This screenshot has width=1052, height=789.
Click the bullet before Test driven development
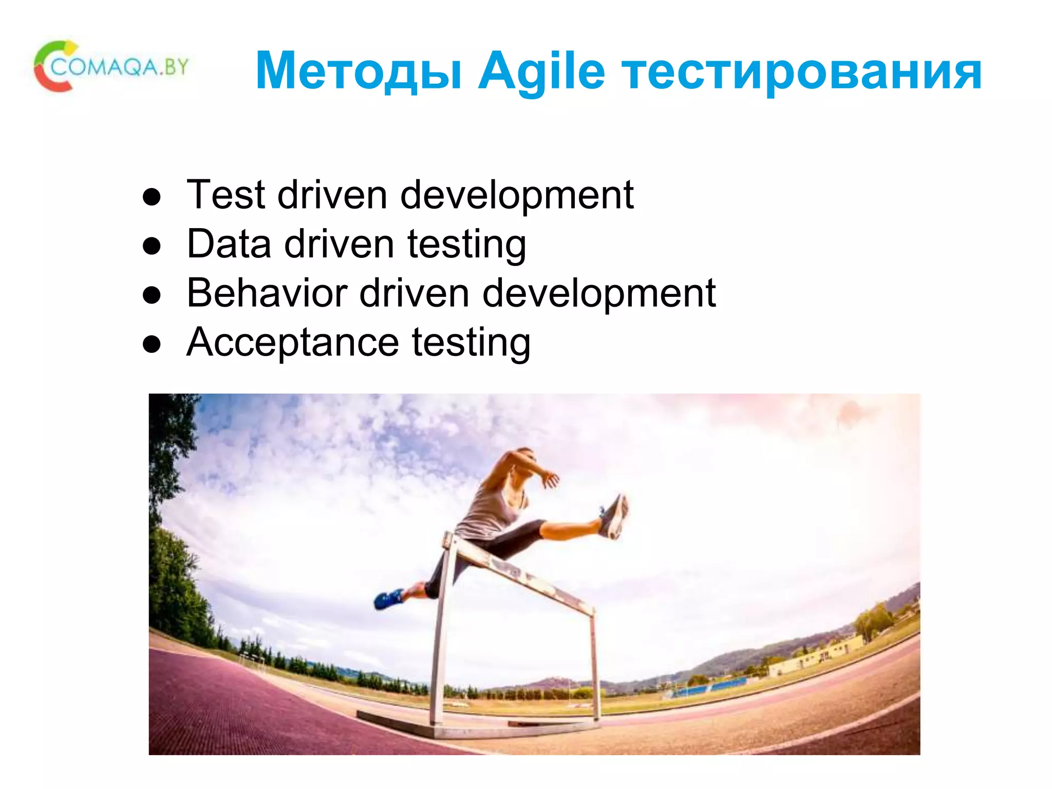(x=152, y=197)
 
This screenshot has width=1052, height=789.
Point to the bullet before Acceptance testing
(x=152, y=344)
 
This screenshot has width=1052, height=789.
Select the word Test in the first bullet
(x=226, y=195)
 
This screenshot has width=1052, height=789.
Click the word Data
(x=229, y=243)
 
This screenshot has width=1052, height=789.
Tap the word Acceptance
(x=292, y=342)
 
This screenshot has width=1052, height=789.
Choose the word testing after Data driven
(x=466, y=245)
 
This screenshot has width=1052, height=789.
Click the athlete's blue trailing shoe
(x=388, y=598)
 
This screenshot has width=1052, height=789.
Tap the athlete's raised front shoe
(x=614, y=517)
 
